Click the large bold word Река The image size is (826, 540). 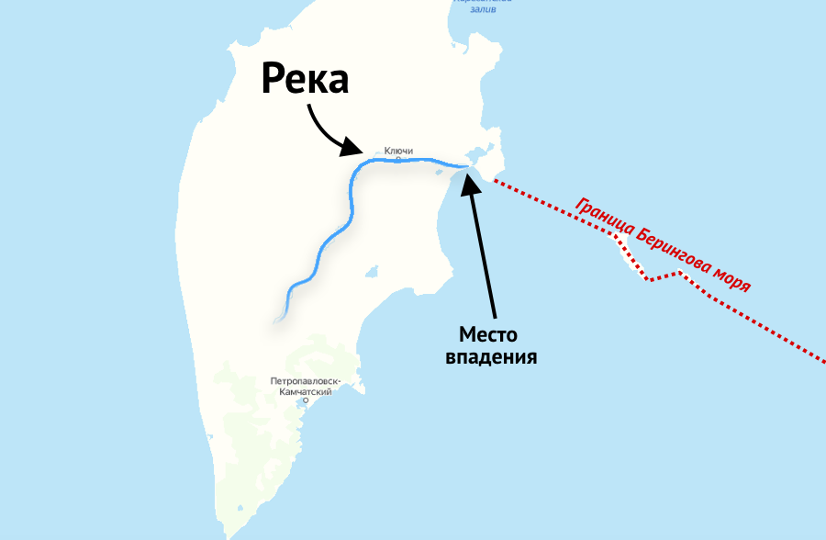(305, 79)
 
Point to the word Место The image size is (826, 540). (489, 334)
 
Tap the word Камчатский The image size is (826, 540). (306, 391)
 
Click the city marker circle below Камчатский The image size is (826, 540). (306, 401)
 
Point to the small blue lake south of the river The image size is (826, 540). (372, 272)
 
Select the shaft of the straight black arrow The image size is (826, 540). (484, 248)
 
